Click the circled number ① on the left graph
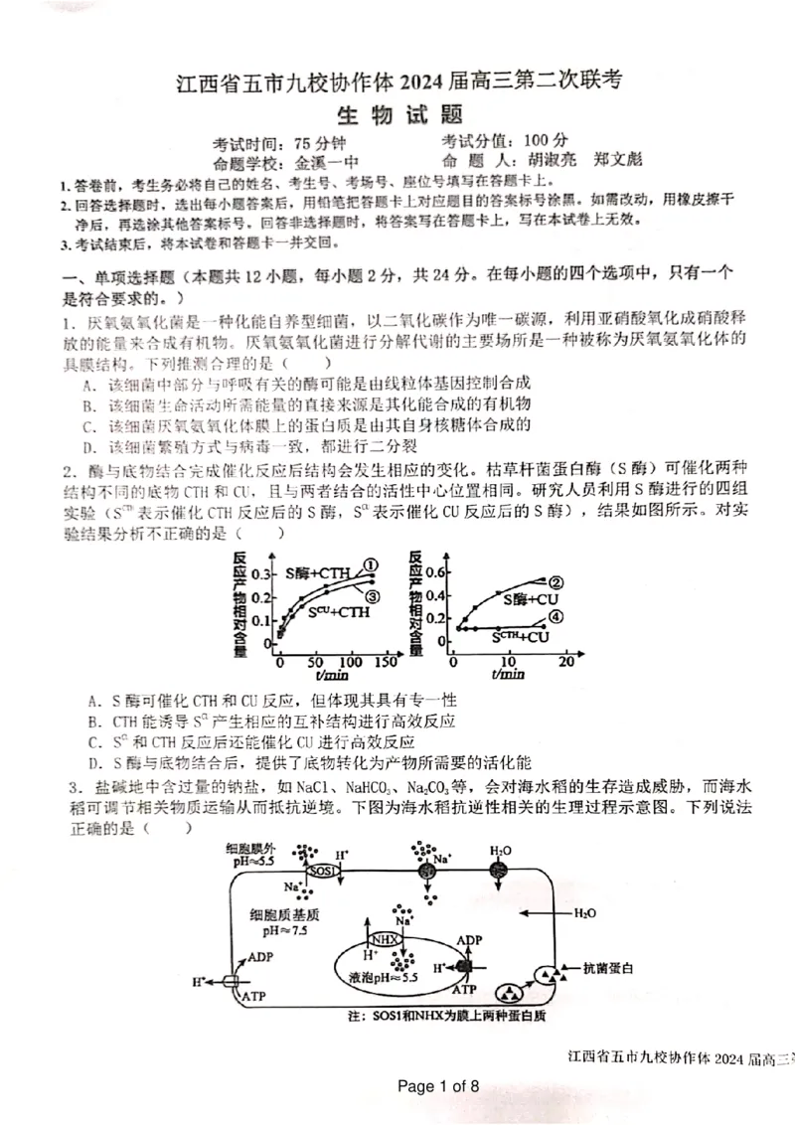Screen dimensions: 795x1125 click(x=371, y=564)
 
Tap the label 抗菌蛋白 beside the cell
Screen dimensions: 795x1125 click(x=609, y=967)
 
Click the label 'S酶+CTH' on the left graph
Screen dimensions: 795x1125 click(x=317, y=573)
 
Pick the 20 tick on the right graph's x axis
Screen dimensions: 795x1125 click(x=565, y=662)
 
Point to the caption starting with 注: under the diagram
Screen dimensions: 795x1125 click(x=447, y=1017)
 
